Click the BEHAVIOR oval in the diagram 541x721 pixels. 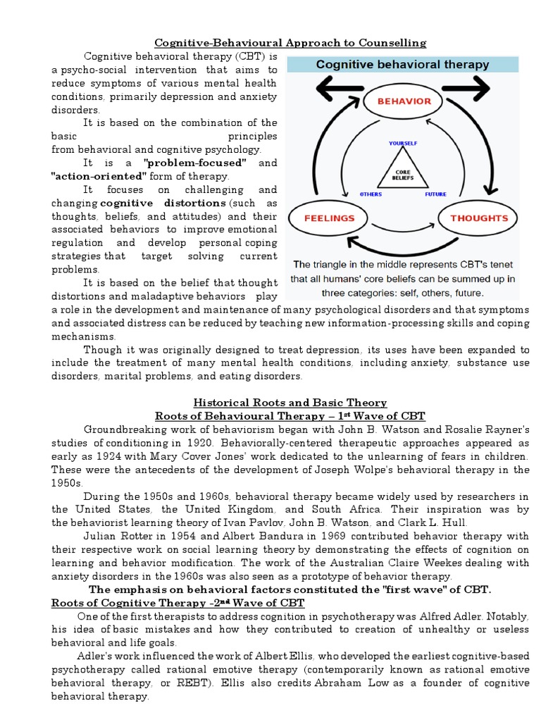pyautogui.click(x=404, y=101)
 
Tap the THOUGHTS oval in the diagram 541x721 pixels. pyautogui.click(x=478, y=218)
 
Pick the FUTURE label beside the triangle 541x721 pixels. pyautogui.click(x=436, y=194)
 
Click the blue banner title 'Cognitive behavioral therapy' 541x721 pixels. pyautogui.click(x=402, y=65)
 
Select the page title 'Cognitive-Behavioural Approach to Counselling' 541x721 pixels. pyautogui.click(x=270, y=43)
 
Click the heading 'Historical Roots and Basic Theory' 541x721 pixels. pyautogui.click(x=270, y=403)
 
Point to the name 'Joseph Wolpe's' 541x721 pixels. pyautogui.click(x=394, y=470)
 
